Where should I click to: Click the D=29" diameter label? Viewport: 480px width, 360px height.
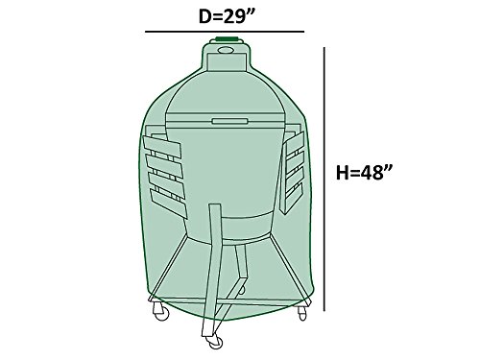[228, 16]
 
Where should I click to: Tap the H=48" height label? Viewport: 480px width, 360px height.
[364, 173]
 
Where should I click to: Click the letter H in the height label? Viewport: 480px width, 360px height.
[342, 173]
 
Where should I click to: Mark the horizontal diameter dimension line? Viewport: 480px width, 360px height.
[225, 32]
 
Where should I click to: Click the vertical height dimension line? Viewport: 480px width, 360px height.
[324, 180]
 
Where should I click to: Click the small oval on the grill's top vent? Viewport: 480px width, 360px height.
[226, 50]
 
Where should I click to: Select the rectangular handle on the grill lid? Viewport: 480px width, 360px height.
[229, 121]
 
